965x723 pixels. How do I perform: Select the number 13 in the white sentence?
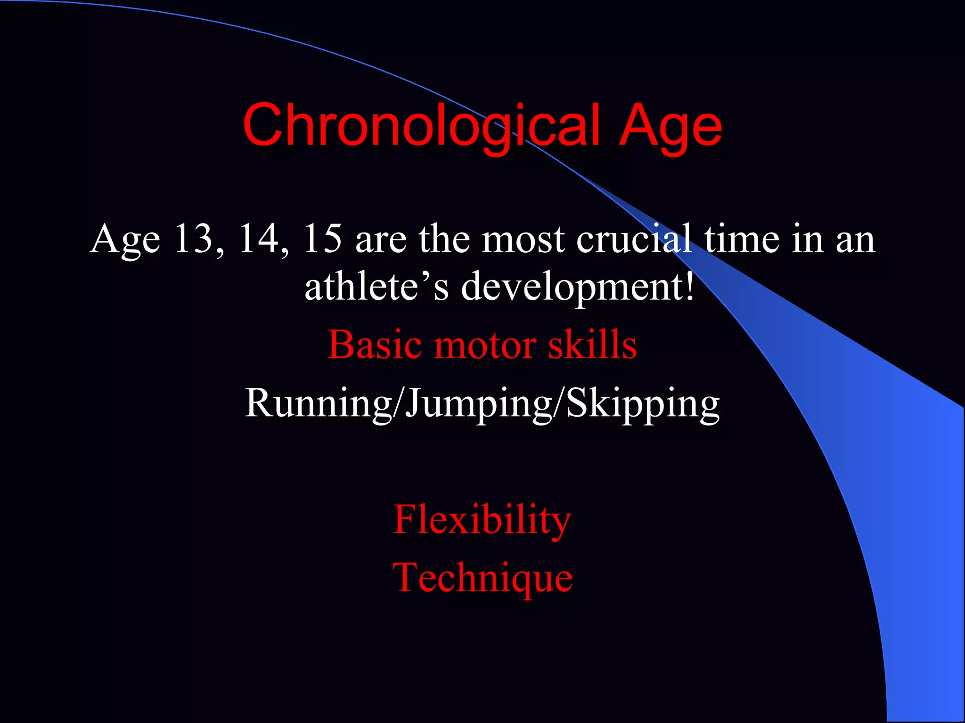pos(194,239)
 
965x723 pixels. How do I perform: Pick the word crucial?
pos(634,239)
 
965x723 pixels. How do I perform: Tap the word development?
pos(577,287)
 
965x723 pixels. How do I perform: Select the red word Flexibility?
pos(482,520)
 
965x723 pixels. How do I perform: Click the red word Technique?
pos(482,578)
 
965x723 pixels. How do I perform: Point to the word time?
pos(742,239)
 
